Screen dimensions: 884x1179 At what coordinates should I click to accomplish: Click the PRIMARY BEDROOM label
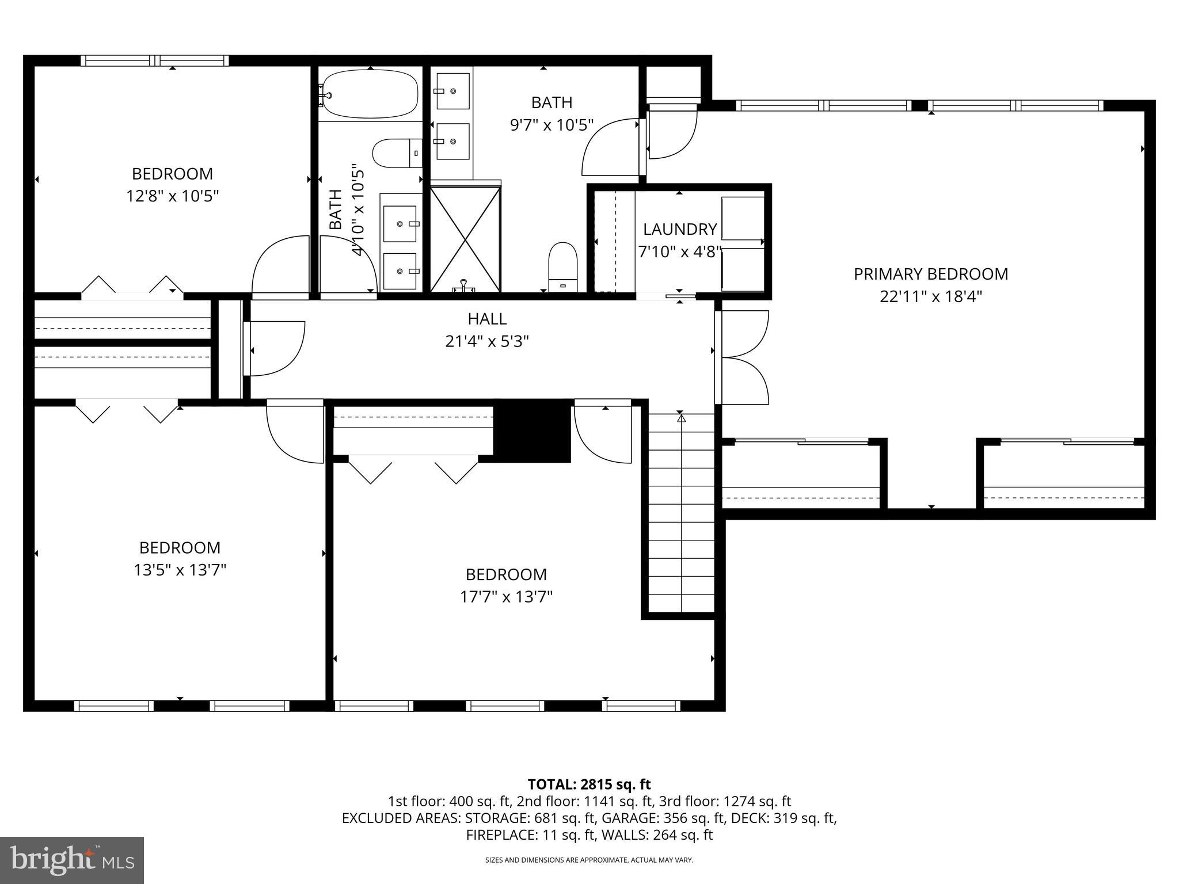[930, 274]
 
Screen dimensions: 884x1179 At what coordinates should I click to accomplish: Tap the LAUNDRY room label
[679, 229]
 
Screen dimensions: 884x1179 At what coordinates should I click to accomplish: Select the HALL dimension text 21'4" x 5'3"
[487, 342]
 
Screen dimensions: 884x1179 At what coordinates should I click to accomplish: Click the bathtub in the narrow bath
[370, 94]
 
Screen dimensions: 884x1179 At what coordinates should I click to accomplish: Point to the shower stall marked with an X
[465, 239]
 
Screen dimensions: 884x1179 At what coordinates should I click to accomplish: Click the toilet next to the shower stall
[562, 266]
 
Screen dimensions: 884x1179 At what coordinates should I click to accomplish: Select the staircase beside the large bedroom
[681, 512]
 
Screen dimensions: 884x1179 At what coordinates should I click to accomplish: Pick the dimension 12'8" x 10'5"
[173, 196]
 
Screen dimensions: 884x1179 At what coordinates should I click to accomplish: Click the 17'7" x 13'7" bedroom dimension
[506, 597]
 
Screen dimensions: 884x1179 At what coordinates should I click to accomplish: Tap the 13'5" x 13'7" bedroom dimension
[180, 570]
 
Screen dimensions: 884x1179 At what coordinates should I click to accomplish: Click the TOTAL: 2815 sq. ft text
[589, 784]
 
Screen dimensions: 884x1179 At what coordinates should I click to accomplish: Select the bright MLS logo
[72, 860]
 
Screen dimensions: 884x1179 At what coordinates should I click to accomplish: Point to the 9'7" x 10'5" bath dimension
[551, 125]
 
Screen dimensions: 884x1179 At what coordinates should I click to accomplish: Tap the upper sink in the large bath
[452, 91]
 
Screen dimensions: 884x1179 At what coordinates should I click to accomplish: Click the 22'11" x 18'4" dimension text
[930, 296]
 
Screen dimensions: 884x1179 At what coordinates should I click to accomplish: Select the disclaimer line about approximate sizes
[589, 860]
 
